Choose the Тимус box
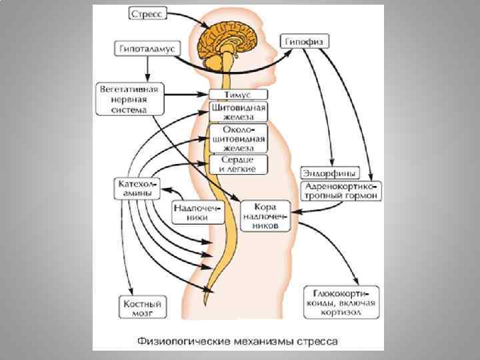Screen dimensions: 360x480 [238, 95]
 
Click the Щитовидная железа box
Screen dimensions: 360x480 [238, 111]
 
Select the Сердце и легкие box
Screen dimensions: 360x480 [238, 165]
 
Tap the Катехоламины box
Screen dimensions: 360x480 [134, 187]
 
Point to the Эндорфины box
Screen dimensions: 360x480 [329, 172]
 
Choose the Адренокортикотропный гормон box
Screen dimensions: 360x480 [342, 191]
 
